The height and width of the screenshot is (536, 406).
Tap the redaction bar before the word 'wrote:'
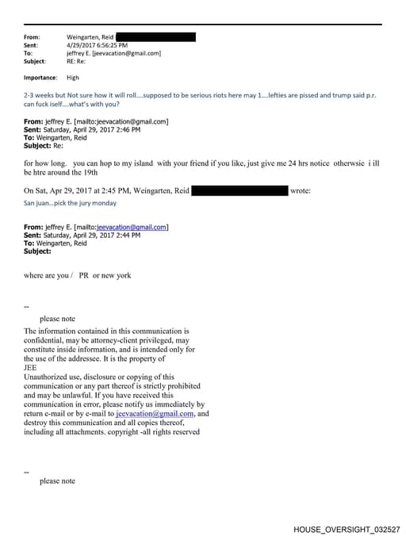[x=239, y=191]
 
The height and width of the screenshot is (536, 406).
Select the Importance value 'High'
[x=73, y=78]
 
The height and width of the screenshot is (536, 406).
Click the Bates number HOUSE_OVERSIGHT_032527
[x=347, y=528]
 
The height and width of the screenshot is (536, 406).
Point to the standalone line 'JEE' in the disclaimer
[x=31, y=367]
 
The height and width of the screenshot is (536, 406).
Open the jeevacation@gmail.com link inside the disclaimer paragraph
[x=155, y=414]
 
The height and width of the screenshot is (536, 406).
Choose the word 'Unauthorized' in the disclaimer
[x=48, y=376]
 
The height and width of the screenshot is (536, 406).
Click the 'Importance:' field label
[x=40, y=78]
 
